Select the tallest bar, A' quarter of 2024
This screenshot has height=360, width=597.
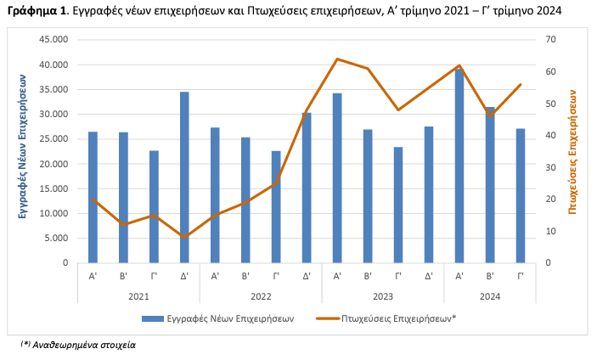[459, 166]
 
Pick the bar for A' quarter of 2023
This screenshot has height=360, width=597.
[337, 177]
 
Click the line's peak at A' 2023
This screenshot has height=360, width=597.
[337, 59]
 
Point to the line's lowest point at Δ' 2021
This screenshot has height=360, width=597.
[184, 237]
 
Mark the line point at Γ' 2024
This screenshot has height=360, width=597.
[521, 84]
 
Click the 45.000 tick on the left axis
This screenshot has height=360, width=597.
[53, 40]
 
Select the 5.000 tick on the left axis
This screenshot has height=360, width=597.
[55, 238]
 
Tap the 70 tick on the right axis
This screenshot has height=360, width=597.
[550, 40]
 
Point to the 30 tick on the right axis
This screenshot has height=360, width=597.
[550, 167]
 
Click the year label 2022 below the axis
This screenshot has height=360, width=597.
[261, 296]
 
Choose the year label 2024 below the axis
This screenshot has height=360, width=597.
[490, 296]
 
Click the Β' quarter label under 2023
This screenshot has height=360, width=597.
[368, 276]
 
